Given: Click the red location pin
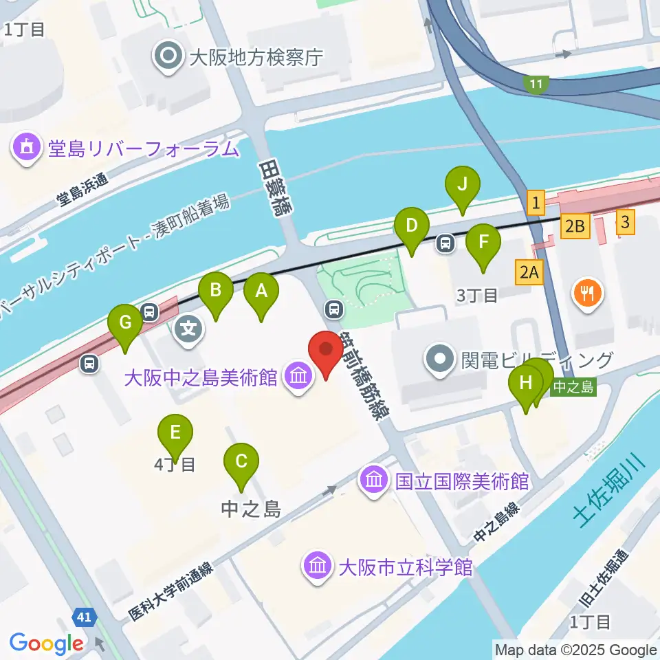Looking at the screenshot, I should (326, 352).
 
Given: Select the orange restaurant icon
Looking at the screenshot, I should (587, 294).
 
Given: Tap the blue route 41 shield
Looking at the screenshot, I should (85, 617).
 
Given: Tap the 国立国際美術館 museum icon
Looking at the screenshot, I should (375, 480).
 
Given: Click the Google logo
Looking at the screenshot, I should (46, 643).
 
